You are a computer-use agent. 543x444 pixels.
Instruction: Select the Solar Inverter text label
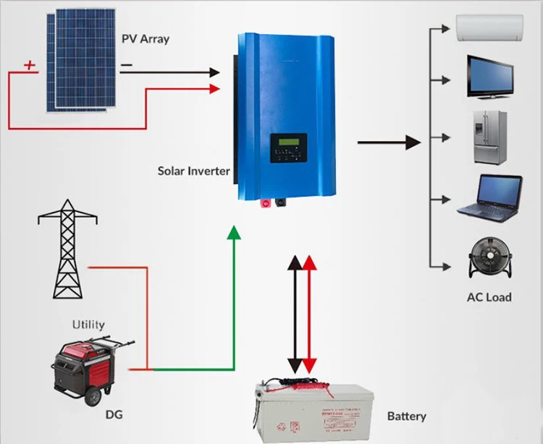pyautogui.click(x=193, y=171)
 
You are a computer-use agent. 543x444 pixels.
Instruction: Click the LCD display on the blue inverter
pyautogui.click(x=288, y=142)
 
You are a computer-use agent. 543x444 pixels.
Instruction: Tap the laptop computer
pyautogui.click(x=491, y=196)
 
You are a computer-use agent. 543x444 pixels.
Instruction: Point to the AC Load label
pyautogui.click(x=489, y=297)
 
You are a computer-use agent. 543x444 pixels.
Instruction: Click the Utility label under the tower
pyautogui.click(x=88, y=325)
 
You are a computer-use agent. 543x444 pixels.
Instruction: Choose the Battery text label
pyautogui.click(x=406, y=416)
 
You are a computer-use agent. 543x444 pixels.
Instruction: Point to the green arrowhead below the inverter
pyautogui.click(x=233, y=232)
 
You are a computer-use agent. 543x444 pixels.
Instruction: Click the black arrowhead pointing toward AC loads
pyautogui.click(x=413, y=142)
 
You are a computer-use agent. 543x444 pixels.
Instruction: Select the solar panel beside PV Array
pyautogui.click(x=78, y=60)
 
